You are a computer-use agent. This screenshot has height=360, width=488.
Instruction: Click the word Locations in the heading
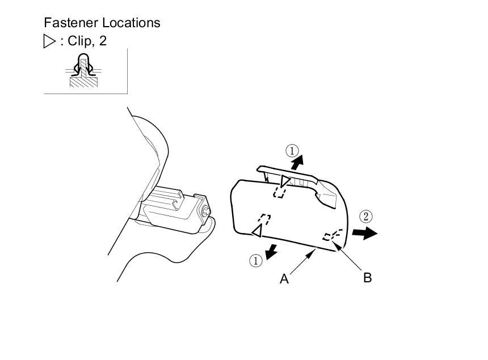(x=131, y=23)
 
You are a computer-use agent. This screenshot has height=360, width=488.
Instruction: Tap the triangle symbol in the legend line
(x=49, y=41)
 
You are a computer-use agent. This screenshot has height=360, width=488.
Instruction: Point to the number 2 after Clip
(x=103, y=41)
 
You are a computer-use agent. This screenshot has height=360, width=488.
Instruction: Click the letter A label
(x=284, y=279)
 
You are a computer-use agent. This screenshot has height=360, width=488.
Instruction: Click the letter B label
(x=367, y=278)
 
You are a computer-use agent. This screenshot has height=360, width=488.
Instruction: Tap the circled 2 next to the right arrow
(x=367, y=216)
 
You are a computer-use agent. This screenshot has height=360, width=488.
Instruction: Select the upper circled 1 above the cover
(x=292, y=151)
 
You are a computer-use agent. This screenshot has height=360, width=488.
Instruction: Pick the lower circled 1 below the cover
(x=256, y=260)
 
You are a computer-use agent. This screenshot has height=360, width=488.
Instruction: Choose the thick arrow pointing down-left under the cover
(x=273, y=249)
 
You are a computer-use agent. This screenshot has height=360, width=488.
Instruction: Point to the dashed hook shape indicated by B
(x=331, y=235)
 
